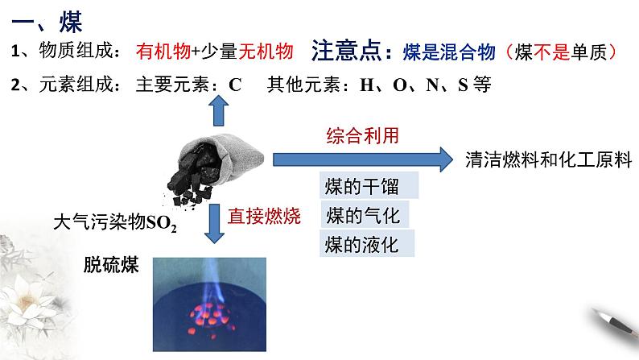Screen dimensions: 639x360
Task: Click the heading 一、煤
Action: [x=47, y=18]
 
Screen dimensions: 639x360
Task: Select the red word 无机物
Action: [x=267, y=52]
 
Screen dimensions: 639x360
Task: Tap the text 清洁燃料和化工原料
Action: [x=546, y=159]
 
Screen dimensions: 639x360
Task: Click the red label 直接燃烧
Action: [x=264, y=216]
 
